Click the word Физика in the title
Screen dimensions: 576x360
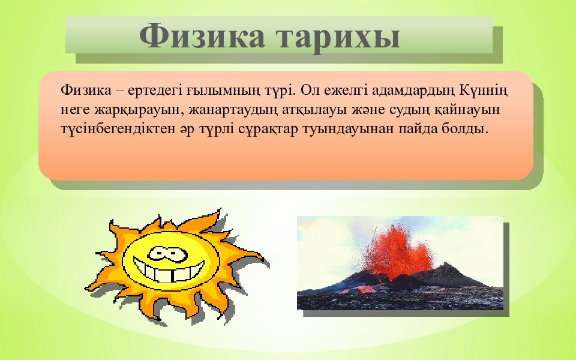coord(202,36)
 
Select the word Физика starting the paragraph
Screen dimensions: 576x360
coord(86,89)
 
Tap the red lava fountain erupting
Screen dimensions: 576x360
coord(397,251)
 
